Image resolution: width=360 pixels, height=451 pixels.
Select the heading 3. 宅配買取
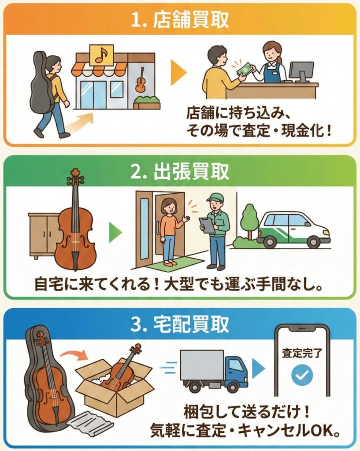point(180,324)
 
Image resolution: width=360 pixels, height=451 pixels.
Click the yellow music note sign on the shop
point(102,55)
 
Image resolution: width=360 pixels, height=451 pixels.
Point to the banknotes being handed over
point(244,70)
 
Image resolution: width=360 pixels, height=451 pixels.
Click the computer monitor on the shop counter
point(301,71)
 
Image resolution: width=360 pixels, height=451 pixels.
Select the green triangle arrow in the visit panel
point(115,232)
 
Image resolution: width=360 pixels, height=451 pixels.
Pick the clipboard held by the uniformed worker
point(207,225)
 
